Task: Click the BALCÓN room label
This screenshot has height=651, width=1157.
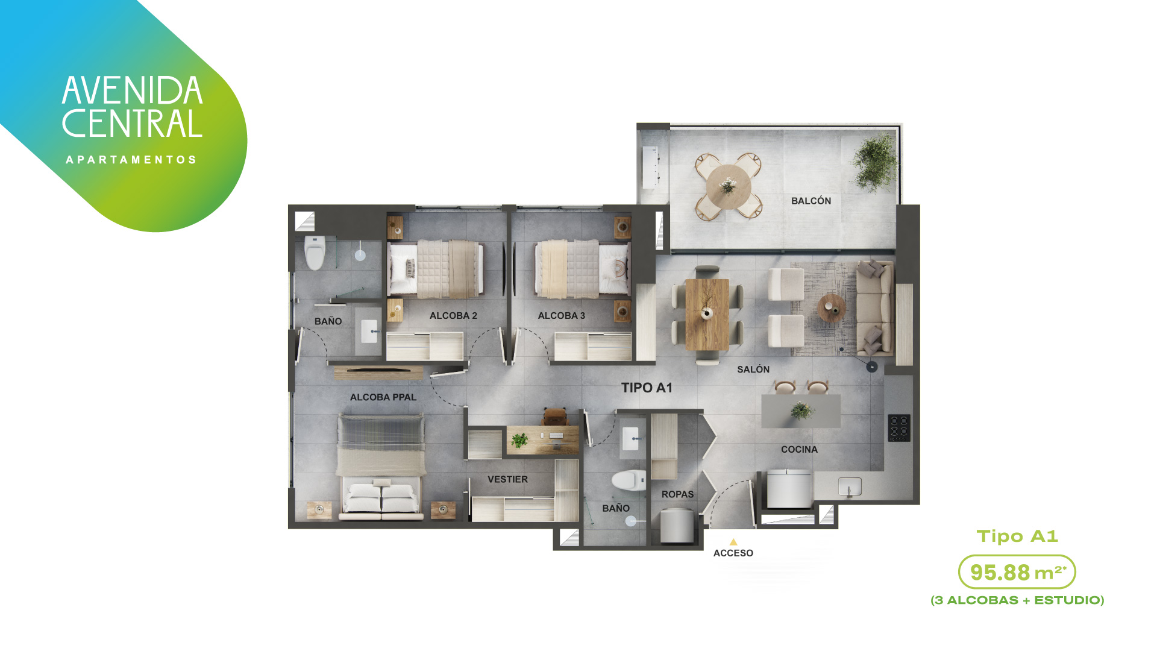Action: click(811, 201)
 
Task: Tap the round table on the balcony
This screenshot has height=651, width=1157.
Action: click(729, 187)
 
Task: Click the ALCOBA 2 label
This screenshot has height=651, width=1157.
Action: click(453, 315)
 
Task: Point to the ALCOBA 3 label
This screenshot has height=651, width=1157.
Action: click(561, 315)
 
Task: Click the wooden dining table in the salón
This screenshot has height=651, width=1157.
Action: click(707, 314)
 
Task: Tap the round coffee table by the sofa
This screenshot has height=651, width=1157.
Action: click(832, 307)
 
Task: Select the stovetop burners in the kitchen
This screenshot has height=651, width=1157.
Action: click(899, 428)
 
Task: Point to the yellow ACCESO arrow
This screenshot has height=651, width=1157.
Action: click(733, 542)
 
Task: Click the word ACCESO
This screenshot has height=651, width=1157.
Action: click(733, 553)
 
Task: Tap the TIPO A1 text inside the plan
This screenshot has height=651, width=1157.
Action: click(647, 388)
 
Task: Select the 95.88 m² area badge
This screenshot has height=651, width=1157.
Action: click(1017, 572)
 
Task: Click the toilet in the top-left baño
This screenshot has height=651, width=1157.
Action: click(315, 252)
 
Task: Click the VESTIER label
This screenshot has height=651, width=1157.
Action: click(507, 479)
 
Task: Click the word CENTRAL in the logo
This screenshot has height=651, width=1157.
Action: click(132, 124)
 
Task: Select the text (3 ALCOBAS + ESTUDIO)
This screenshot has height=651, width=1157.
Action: click(1017, 600)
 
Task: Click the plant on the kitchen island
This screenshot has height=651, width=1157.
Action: click(802, 410)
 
